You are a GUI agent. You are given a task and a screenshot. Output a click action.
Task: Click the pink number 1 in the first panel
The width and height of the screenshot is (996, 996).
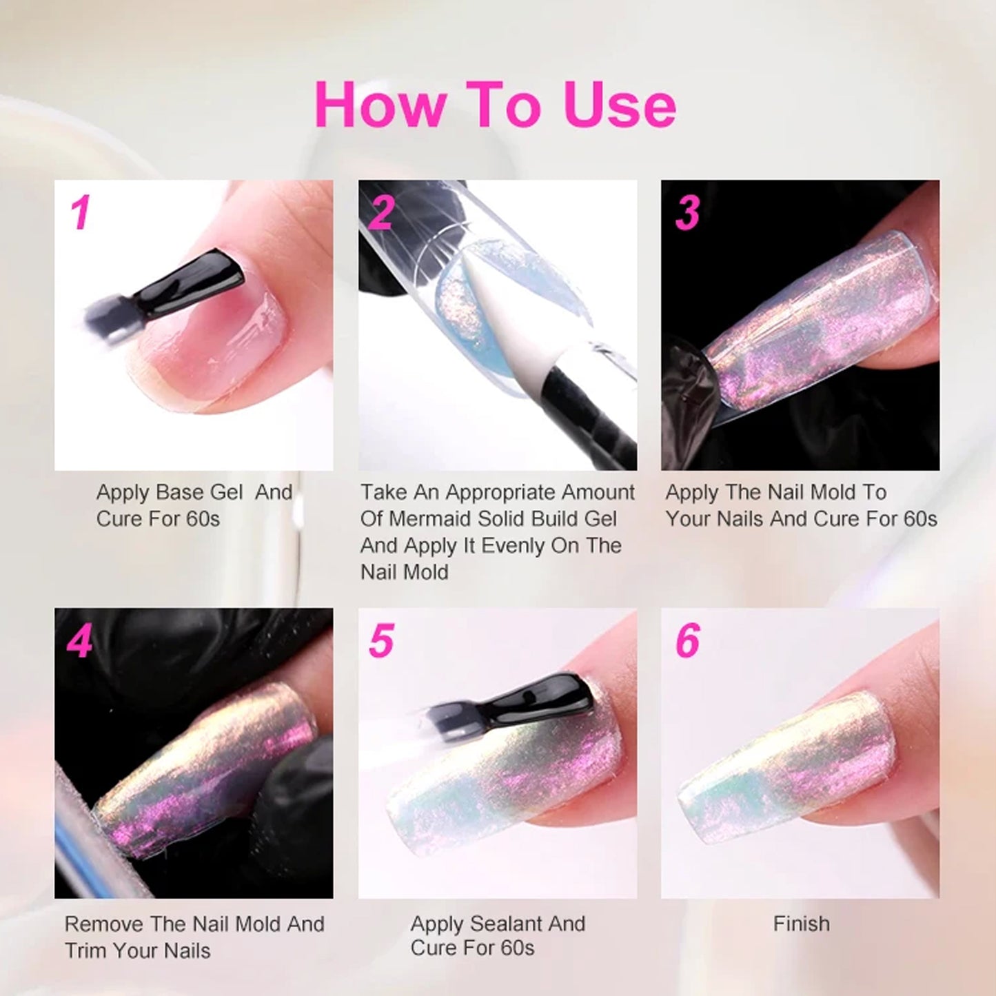[x=81, y=212]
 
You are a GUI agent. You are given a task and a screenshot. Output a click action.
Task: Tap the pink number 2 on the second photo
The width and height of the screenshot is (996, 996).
[x=381, y=212]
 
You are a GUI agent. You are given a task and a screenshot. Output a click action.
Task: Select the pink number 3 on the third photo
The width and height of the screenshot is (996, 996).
[x=687, y=212]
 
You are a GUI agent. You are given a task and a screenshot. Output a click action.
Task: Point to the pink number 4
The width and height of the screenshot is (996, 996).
[x=80, y=640]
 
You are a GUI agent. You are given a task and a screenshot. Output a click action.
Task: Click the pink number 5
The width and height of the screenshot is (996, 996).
[x=382, y=640]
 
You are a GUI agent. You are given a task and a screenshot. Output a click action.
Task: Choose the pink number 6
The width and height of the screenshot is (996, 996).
[x=688, y=640]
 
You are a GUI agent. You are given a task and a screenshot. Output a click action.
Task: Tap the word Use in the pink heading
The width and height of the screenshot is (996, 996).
[x=620, y=104]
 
